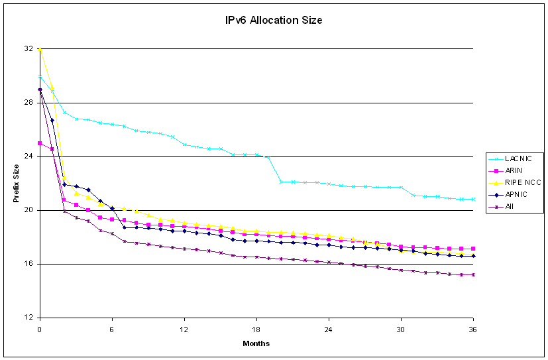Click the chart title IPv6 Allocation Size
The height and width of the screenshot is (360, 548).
click(x=274, y=21)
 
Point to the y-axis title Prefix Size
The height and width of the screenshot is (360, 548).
click(x=15, y=183)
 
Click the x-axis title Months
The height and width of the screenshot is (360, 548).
click(x=256, y=343)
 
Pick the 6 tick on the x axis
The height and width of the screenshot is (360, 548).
click(x=112, y=329)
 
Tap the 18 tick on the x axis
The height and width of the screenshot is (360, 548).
click(x=256, y=329)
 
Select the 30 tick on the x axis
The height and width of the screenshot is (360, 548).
click(x=401, y=329)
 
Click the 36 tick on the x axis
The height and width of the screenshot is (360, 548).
click(x=473, y=329)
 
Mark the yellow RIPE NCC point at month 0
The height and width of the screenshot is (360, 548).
click(x=40, y=49)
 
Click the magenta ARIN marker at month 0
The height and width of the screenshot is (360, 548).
click(x=40, y=143)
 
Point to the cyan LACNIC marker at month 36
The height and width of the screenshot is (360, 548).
click(x=473, y=199)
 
